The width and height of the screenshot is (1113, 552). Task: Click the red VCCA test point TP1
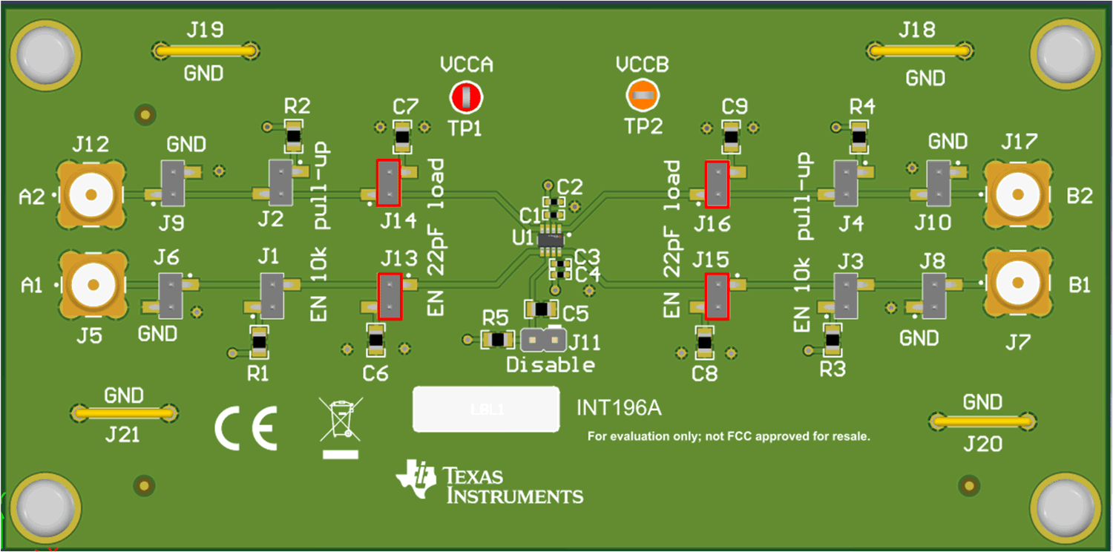[466, 96]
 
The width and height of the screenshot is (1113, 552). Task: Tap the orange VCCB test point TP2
[643, 95]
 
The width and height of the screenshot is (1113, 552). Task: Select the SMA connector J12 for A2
[91, 194]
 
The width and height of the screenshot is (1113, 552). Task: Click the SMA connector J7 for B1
[1017, 283]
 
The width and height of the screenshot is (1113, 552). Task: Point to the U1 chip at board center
[550, 239]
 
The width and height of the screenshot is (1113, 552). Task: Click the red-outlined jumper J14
[388, 183]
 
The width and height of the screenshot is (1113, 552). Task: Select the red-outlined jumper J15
[717, 296]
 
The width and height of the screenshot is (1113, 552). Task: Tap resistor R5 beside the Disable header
[498, 340]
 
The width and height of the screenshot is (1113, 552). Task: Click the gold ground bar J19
[206, 51]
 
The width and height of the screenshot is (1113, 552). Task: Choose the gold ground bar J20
[982, 421]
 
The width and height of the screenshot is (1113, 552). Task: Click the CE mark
[246, 428]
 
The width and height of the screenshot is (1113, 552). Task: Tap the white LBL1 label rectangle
[486, 409]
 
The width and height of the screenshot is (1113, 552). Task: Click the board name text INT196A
[619, 408]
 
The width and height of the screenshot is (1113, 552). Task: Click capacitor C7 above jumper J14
[402, 135]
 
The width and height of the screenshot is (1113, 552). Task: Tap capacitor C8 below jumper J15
[704, 341]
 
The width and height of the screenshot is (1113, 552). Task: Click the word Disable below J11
[550, 365]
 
